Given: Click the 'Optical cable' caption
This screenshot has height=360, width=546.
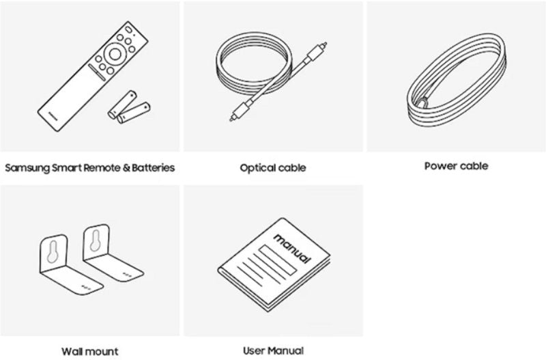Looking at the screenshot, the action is [272, 168].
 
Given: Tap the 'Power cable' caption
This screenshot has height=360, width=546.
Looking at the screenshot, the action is [456, 166].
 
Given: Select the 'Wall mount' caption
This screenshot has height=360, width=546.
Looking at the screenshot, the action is [90, 351].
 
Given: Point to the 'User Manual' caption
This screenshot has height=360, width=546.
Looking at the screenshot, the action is [273, 350].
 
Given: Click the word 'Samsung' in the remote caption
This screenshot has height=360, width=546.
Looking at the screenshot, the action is [27, 168].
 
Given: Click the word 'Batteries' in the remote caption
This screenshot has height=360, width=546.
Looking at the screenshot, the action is [153, 167].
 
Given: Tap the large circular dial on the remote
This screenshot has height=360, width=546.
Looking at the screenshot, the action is [114, 54].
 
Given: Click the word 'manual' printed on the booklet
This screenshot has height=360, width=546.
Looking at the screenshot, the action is [292, 249].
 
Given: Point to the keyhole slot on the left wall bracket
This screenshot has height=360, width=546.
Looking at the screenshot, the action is [53, 251].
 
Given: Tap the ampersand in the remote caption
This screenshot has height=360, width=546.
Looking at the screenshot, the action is [126, 168].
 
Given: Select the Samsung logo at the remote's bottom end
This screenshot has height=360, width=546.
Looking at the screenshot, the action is [53, 115].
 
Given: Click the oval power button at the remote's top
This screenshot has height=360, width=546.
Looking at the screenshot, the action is [128, 29].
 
